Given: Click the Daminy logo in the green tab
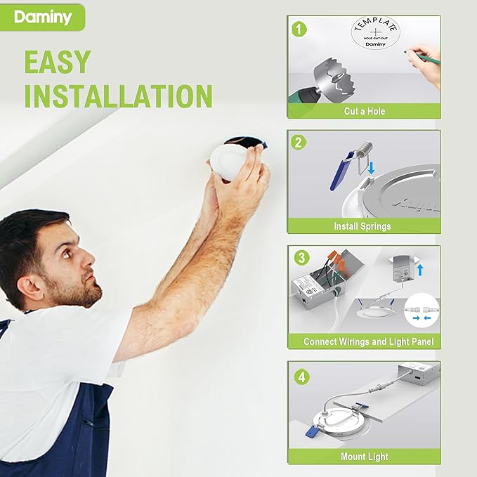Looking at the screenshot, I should [43, 17].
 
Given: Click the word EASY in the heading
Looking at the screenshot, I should [58, 63].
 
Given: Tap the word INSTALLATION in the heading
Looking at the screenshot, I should [119, 96].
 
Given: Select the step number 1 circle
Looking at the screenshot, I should [300, 29].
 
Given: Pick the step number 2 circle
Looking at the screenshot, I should [300, 143].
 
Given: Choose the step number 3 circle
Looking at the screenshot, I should [301, 258].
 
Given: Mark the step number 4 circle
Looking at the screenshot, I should [301, 377].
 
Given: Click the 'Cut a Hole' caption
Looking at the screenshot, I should [364, 111].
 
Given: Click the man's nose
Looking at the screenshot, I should [93, 265].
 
